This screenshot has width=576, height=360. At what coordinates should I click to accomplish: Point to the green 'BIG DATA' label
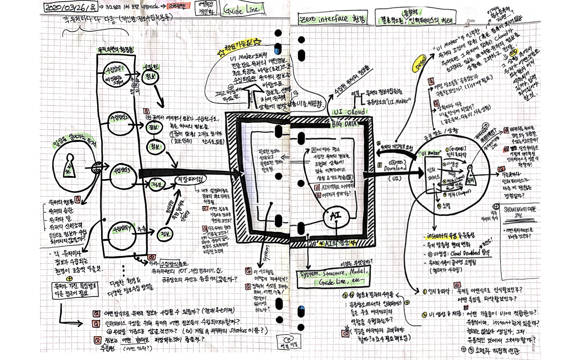345,124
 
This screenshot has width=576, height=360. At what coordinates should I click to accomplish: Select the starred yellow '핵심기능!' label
240,47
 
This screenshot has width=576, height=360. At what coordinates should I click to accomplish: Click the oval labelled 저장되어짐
190,180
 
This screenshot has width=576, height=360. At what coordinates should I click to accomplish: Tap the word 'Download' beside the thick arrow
395,168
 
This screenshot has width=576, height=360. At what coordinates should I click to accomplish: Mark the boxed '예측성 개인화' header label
206,8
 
